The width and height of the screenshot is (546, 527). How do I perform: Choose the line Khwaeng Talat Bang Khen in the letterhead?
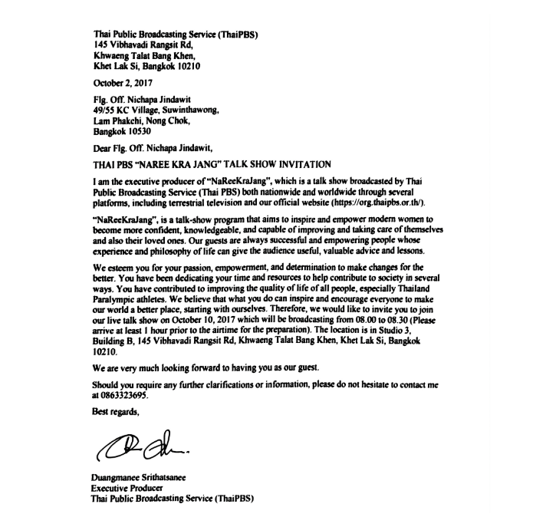click(140, 54)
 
